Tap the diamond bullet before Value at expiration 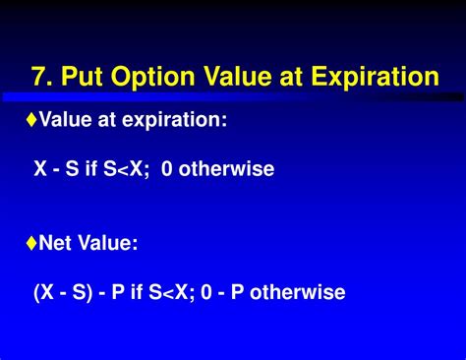[x=31, y=119]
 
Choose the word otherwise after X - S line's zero [x=231, y=169]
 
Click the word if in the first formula [x=91, y=169]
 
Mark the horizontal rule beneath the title [x=233, y=97]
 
